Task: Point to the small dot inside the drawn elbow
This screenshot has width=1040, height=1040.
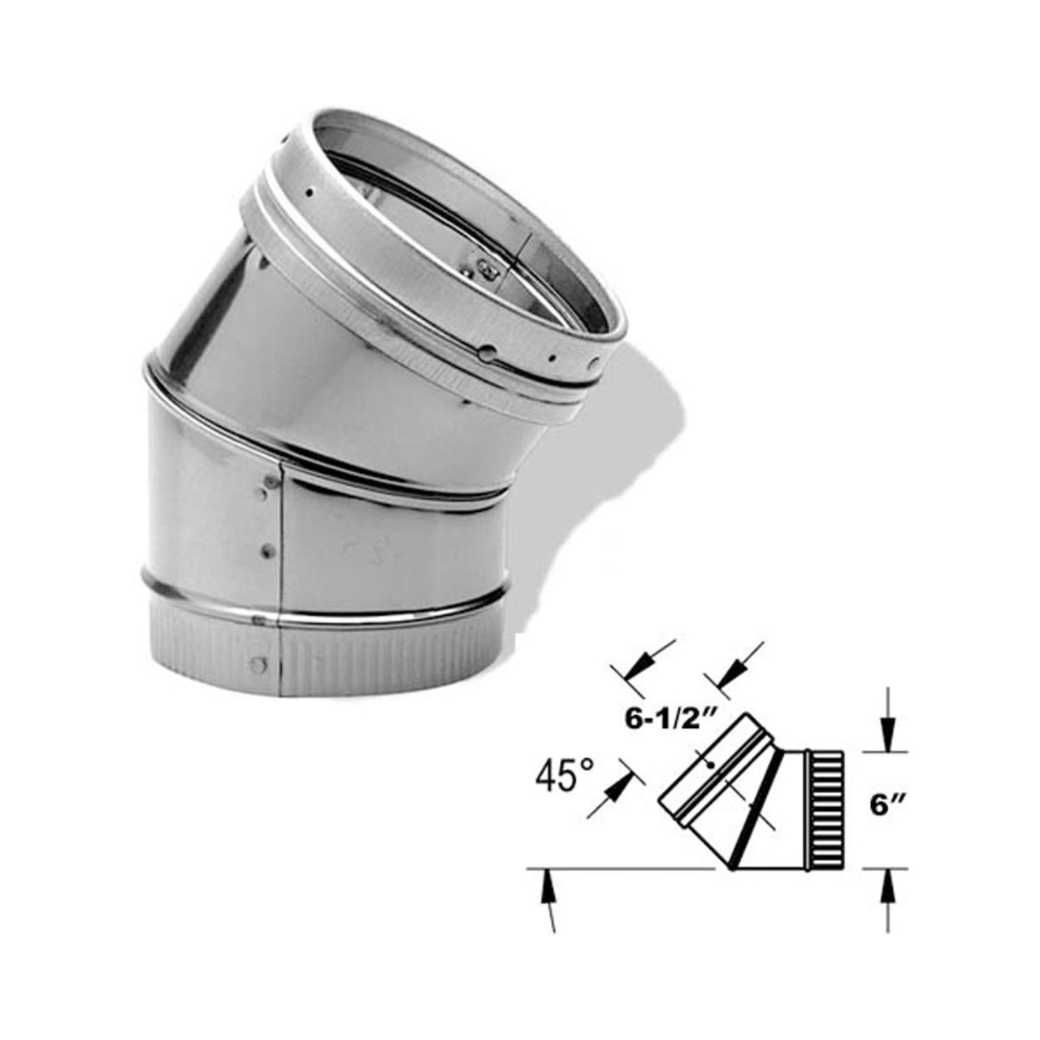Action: pyautogui.click(x=711, y=765)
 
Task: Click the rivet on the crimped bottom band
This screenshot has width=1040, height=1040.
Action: pyautogui.click(x=258, y=665)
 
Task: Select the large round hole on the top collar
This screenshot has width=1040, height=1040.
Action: pyautogui.click(x=487, y=353)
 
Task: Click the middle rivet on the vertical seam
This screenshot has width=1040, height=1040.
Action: pyautogui.click(x=266, y=552)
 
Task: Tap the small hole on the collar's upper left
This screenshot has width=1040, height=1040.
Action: pyautogui.click(x=310, y=193)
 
